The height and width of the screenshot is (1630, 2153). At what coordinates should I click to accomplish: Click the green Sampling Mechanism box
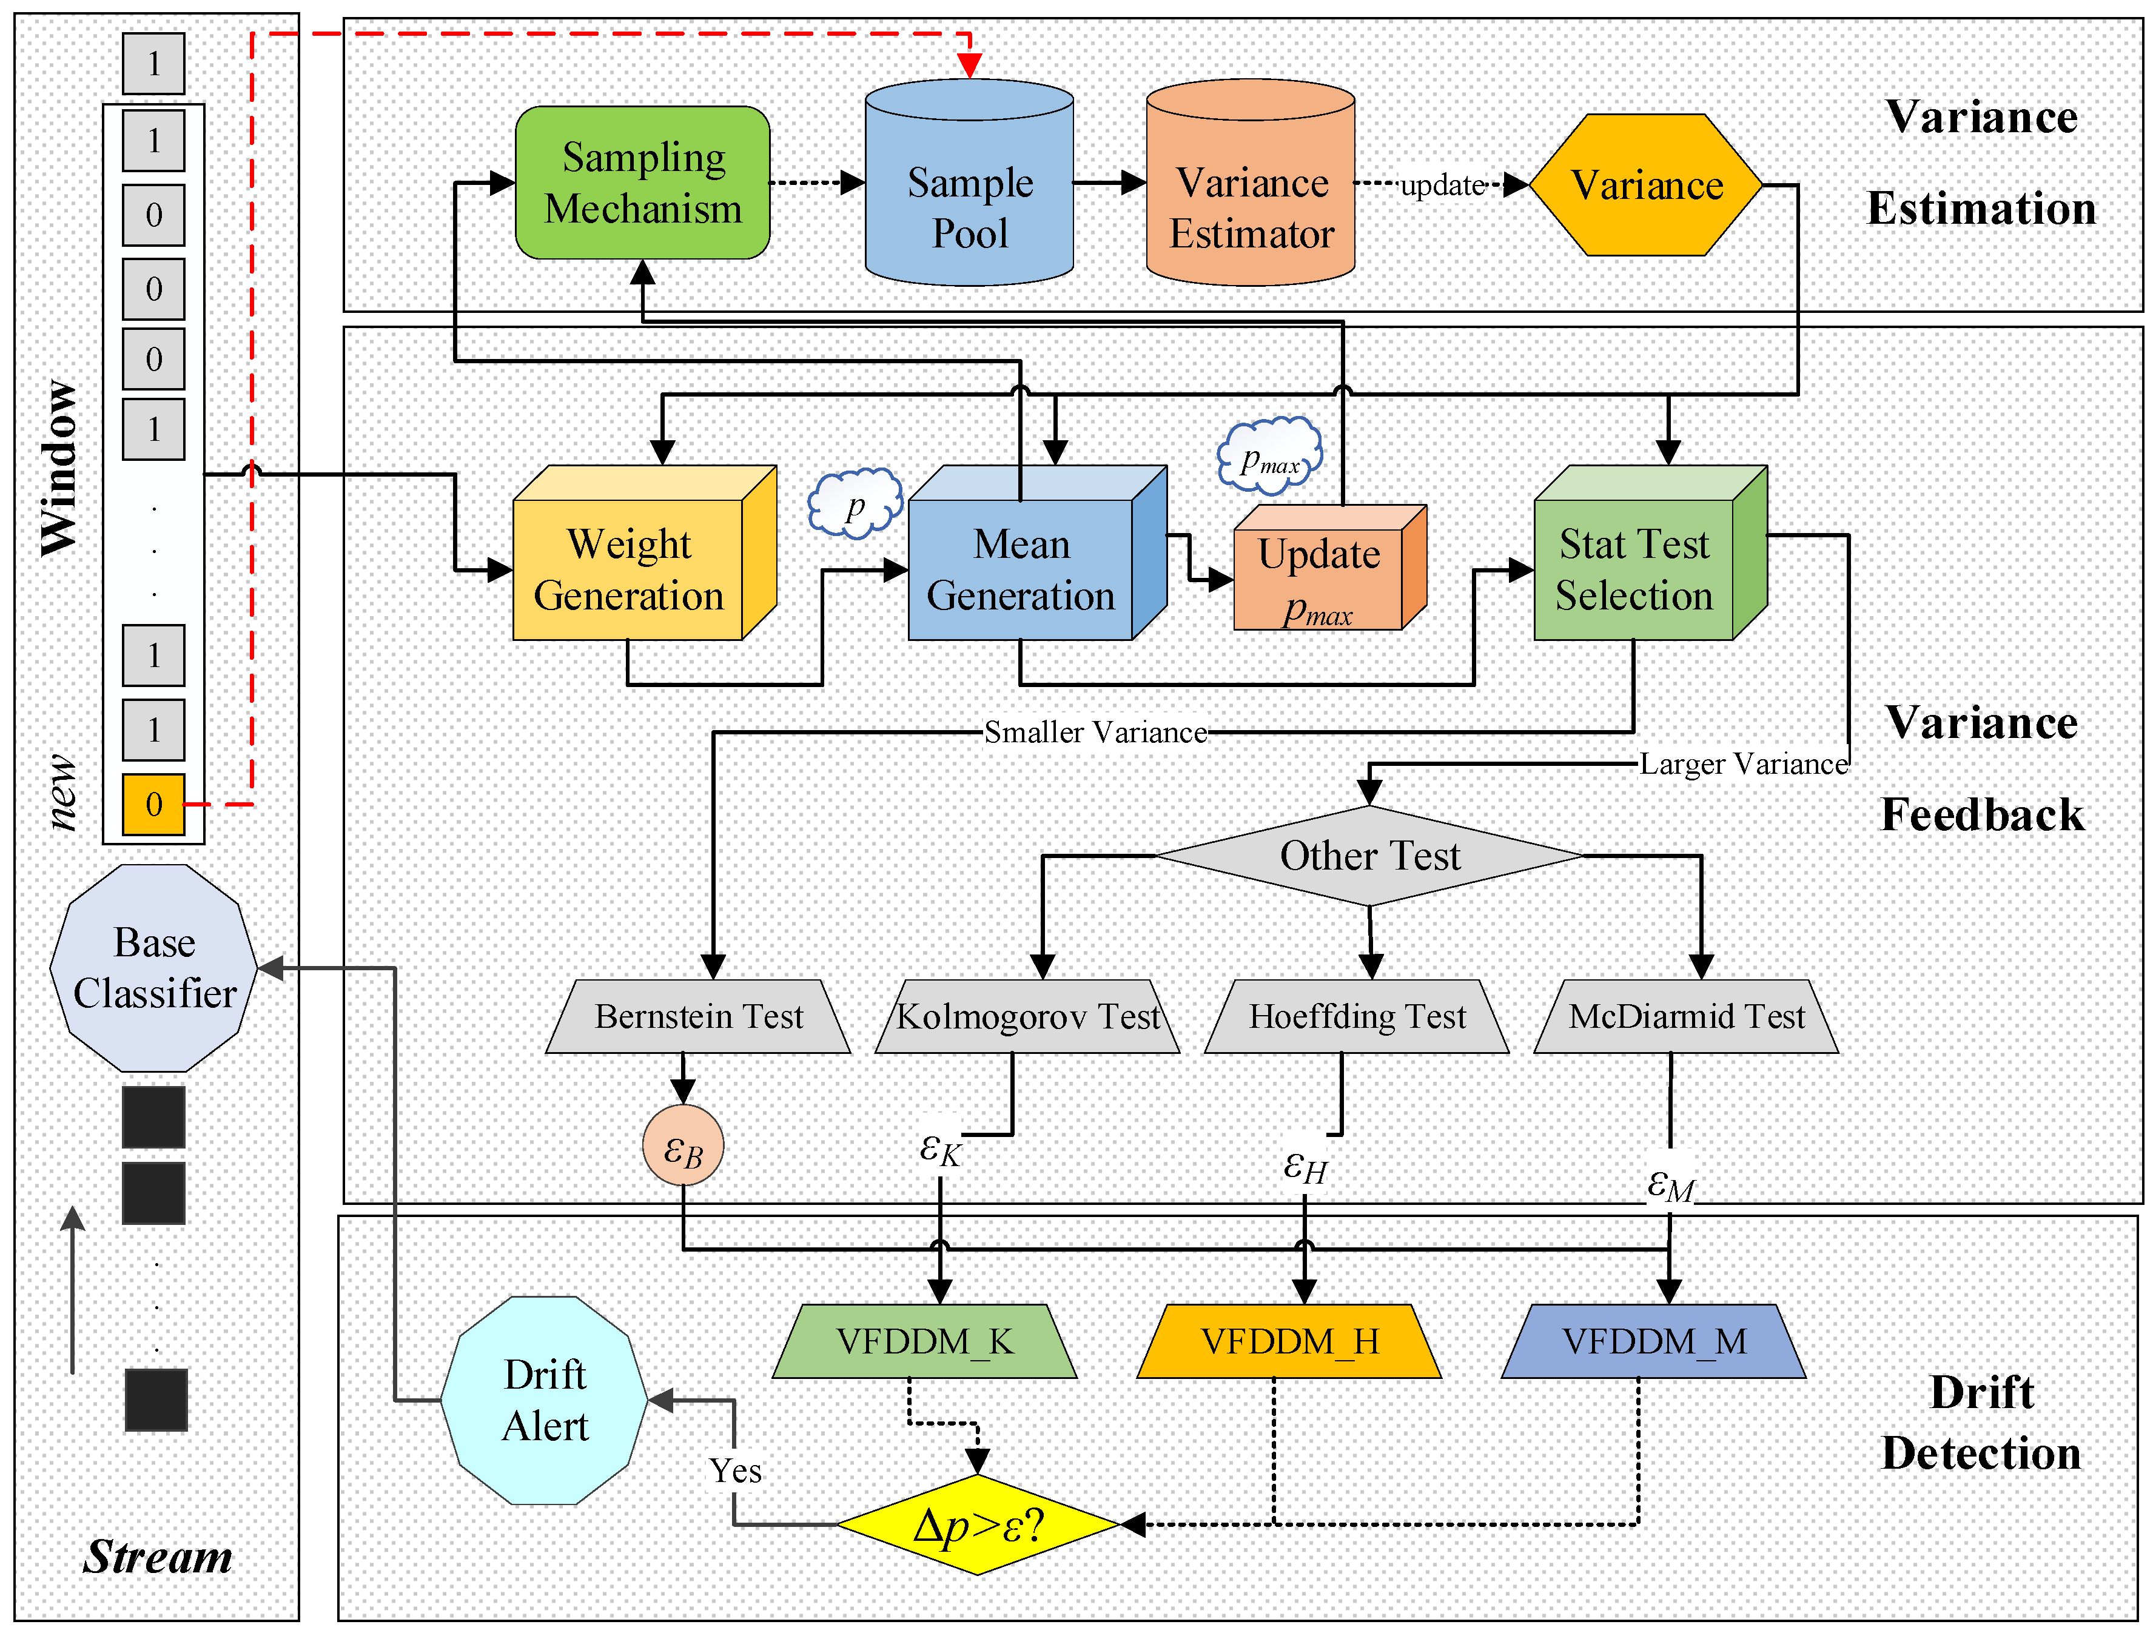pyautogui.click(x=642, y=183)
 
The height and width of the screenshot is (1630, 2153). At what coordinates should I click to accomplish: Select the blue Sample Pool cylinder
pyautogui.click(x=969, y=195)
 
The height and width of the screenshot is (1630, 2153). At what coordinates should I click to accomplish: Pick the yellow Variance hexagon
pyautogui.click(x=1646, y=185)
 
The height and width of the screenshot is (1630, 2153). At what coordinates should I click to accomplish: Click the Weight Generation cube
pyautogui.click(x=629, y=569)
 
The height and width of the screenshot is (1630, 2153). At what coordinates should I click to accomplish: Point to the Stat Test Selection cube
pyautogui.click(x=1634, y=569)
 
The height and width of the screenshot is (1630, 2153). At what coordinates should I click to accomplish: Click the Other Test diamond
pyautogui.click(x=1369, y=856)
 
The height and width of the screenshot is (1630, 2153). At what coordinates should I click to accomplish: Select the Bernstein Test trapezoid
pyautogui.click(x=699, y=1016)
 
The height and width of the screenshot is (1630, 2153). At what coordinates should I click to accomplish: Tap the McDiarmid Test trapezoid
pyautogui.click(x=1686, y=1016)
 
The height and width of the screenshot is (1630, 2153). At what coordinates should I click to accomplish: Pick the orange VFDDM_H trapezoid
pyautogui.click(x=1289, y=1341)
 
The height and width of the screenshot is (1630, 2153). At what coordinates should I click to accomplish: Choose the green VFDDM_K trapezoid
pyautogui.click(x=925, y=1341)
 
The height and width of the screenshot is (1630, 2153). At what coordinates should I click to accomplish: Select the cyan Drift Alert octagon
pyautogui.click(x=544, y=1400)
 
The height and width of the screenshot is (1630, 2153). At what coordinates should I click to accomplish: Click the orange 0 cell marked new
pyautogui.click(x=154, y=804)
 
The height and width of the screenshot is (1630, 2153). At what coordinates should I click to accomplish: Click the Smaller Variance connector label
pyautogui.click(x=1095, y=732)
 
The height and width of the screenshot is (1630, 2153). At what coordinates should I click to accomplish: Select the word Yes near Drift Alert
pyautogui.click(x=735, y=1471)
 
